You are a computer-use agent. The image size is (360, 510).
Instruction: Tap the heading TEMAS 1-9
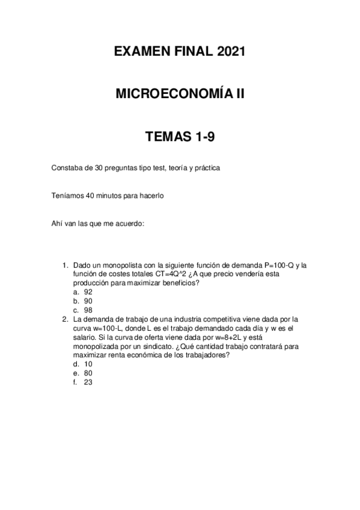point(180,137)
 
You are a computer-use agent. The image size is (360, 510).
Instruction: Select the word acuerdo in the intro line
point(130,224)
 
